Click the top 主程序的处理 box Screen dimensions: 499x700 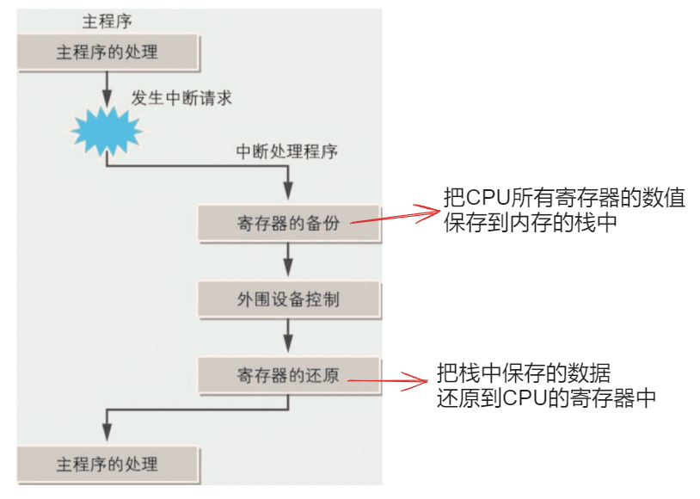coord(107,52)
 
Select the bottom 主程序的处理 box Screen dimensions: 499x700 coord(107,465)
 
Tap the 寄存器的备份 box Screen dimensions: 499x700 coord(288,224)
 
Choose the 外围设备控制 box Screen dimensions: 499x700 coord(288,299)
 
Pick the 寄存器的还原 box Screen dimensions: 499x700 coord(288,375)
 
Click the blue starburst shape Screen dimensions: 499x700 coord(106,132)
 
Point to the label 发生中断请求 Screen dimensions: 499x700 coord(181,97)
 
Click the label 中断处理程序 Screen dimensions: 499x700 coord(287,151)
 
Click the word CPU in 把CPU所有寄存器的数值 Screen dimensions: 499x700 coord(487,198)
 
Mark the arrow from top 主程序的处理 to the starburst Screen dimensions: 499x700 coord(106,87)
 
